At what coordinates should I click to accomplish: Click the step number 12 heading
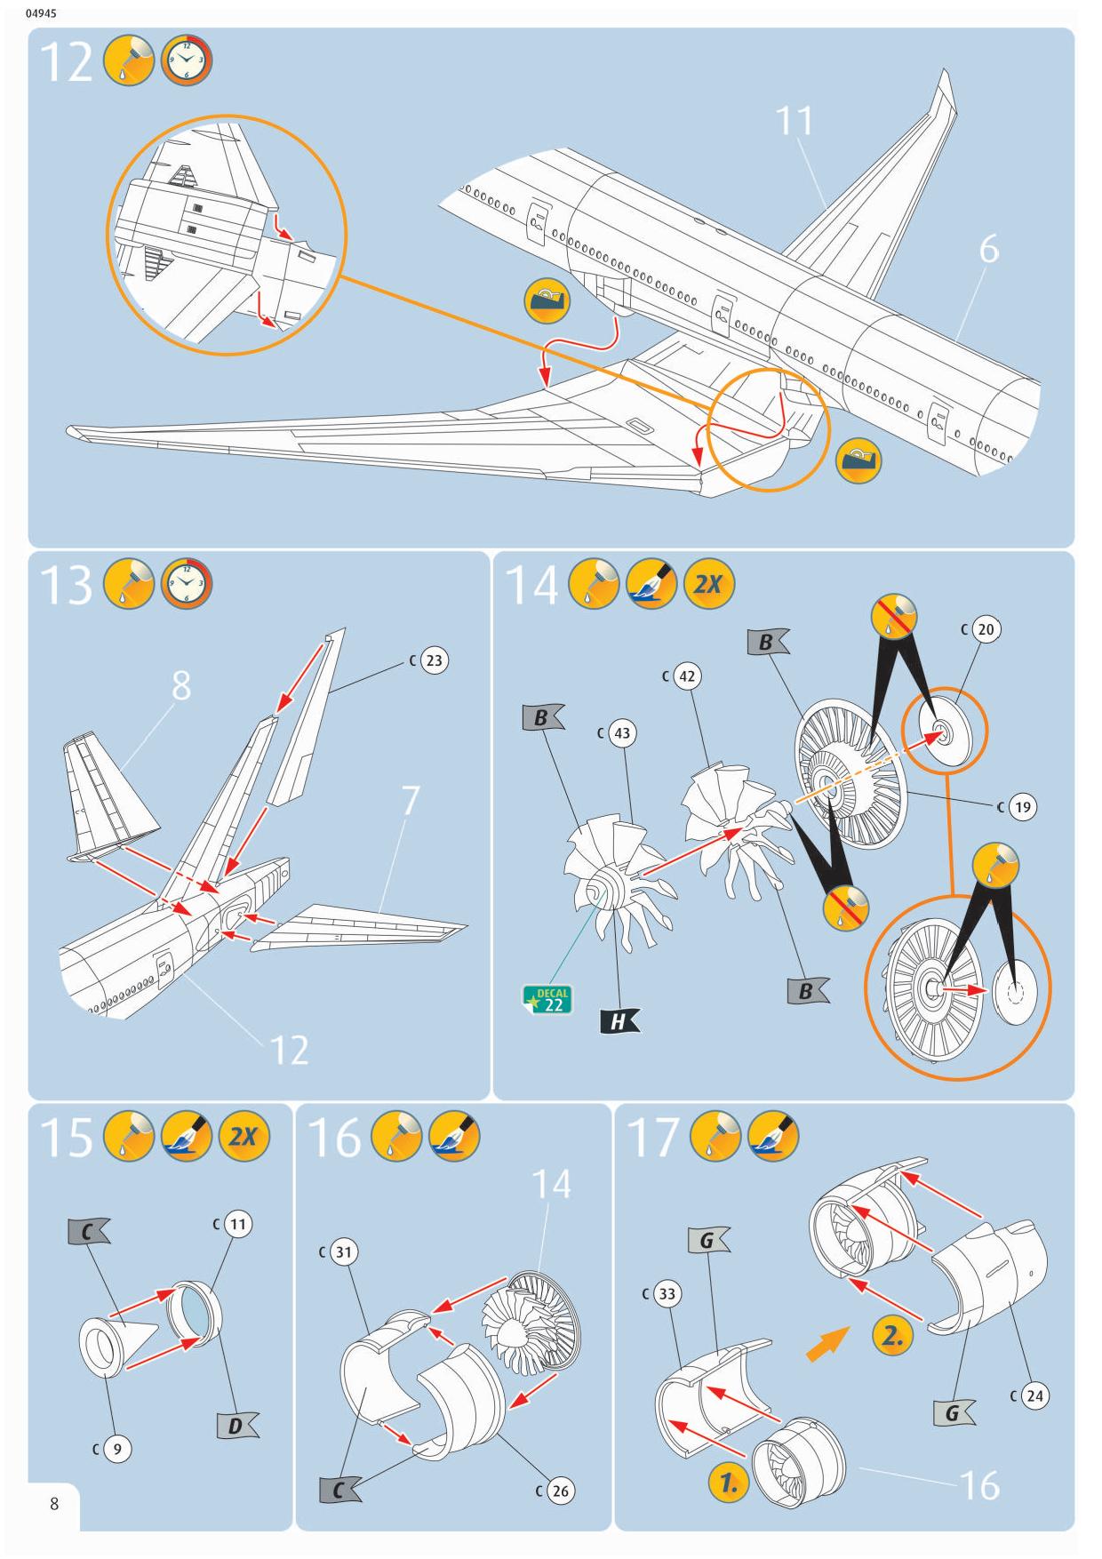67,63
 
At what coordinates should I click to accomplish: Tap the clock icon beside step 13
188,585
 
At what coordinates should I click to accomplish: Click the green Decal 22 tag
547,999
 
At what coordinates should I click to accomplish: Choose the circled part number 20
986,629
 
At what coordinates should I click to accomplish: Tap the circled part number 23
433,660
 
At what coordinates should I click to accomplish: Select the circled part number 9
117,1449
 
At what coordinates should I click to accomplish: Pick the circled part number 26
560,1491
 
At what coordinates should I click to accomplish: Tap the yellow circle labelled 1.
729,1483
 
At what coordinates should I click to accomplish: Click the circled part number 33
667,1294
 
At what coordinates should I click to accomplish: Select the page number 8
54,1504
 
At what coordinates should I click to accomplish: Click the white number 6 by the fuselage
988,251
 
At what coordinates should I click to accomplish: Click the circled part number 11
237,1224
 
